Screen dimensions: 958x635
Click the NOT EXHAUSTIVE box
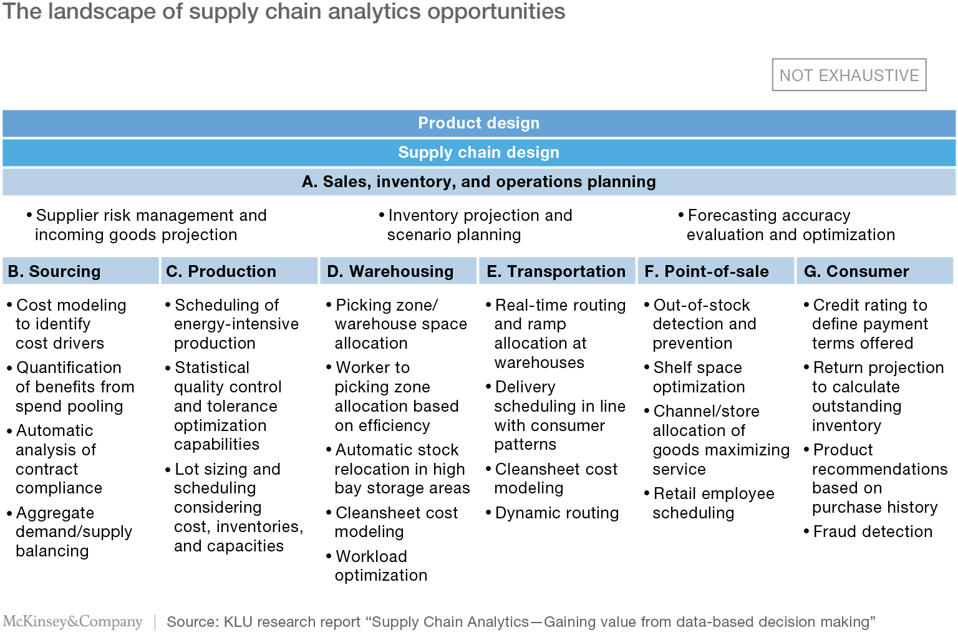point(849,75)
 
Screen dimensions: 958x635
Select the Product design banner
point(479,123)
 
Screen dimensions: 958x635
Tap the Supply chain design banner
point(479,152)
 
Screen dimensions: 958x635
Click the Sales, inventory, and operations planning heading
point(479,182)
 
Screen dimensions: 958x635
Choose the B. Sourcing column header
point(81,271)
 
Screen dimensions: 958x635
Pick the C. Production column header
point(239,271)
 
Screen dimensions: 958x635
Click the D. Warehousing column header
point(398,271)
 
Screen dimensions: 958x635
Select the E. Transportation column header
point(557,271)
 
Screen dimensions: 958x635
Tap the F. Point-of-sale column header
point(716,271)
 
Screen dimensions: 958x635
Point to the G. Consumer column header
point(875,271)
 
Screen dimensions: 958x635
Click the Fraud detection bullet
point(868,531)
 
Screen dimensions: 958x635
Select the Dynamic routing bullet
point(552,513)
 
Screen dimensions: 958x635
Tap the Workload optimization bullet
point(377,566)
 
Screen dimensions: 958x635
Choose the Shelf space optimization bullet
point(695,377)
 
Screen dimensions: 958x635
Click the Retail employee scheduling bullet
point(709,503)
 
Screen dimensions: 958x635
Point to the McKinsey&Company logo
point(73,621)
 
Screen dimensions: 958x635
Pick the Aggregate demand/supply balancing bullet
point(70,532)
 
